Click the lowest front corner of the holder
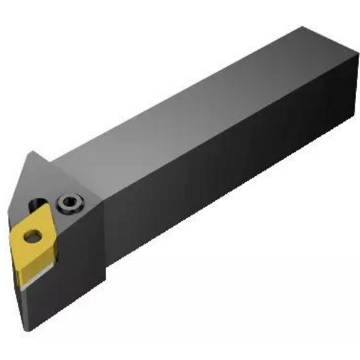coord(25,330)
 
